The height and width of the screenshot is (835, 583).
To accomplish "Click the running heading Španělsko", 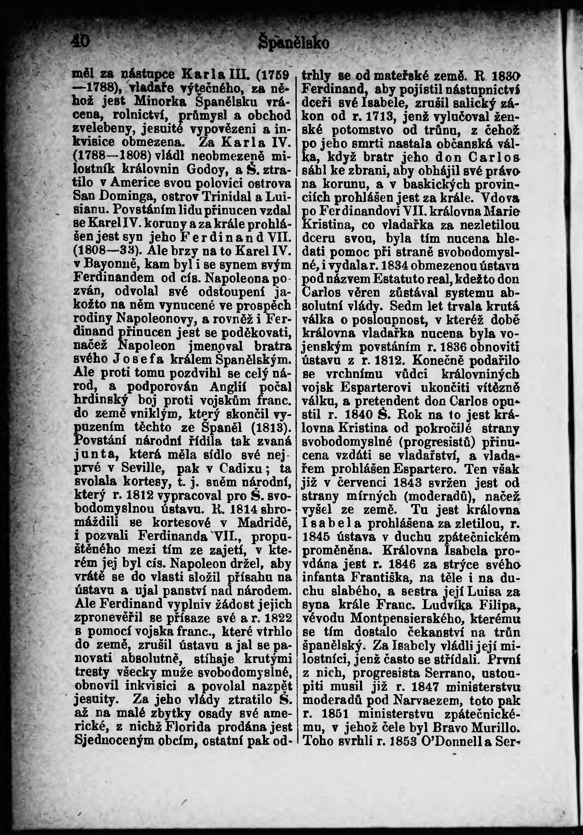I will (293, 43).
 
